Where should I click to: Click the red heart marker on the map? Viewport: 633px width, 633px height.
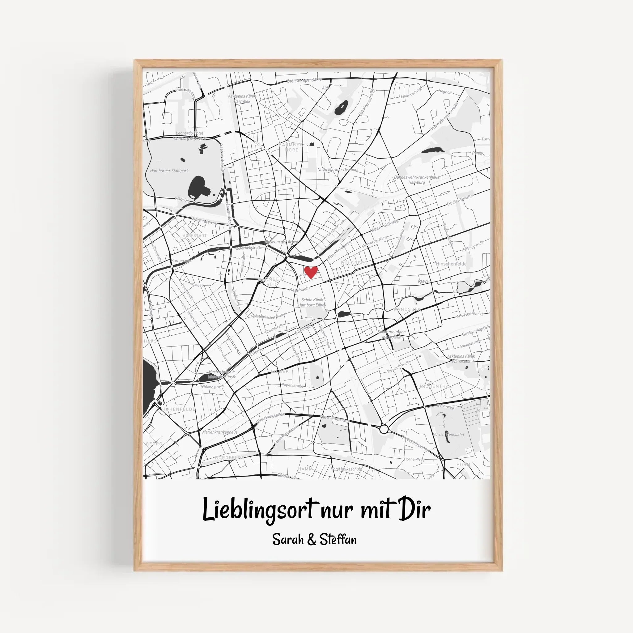pyautogui.click(x=311, y=272)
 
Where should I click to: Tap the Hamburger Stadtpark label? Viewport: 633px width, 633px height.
pyautogui.click(x=169, y=171)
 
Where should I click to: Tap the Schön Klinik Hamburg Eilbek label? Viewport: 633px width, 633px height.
pyautogui.click(x=312, y=302)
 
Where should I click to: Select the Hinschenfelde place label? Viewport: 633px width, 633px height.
pyautogui.click(x=451, y=264)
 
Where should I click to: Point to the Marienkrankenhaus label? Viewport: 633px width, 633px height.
pyautogui.click(x=219, y=432)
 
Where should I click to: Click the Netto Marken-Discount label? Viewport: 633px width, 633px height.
pyautogui.click(x=338, y=170)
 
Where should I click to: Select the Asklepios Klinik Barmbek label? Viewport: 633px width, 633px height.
pyautogui.click(x=242, y=99)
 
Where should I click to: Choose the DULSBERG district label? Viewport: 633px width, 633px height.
pyautogui.click(x=354, y=263)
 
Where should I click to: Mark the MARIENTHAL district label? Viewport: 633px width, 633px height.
pyautogui.click(x=435, y=387)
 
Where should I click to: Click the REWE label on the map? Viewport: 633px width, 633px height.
pyautogui.click(x=423, y=282)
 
